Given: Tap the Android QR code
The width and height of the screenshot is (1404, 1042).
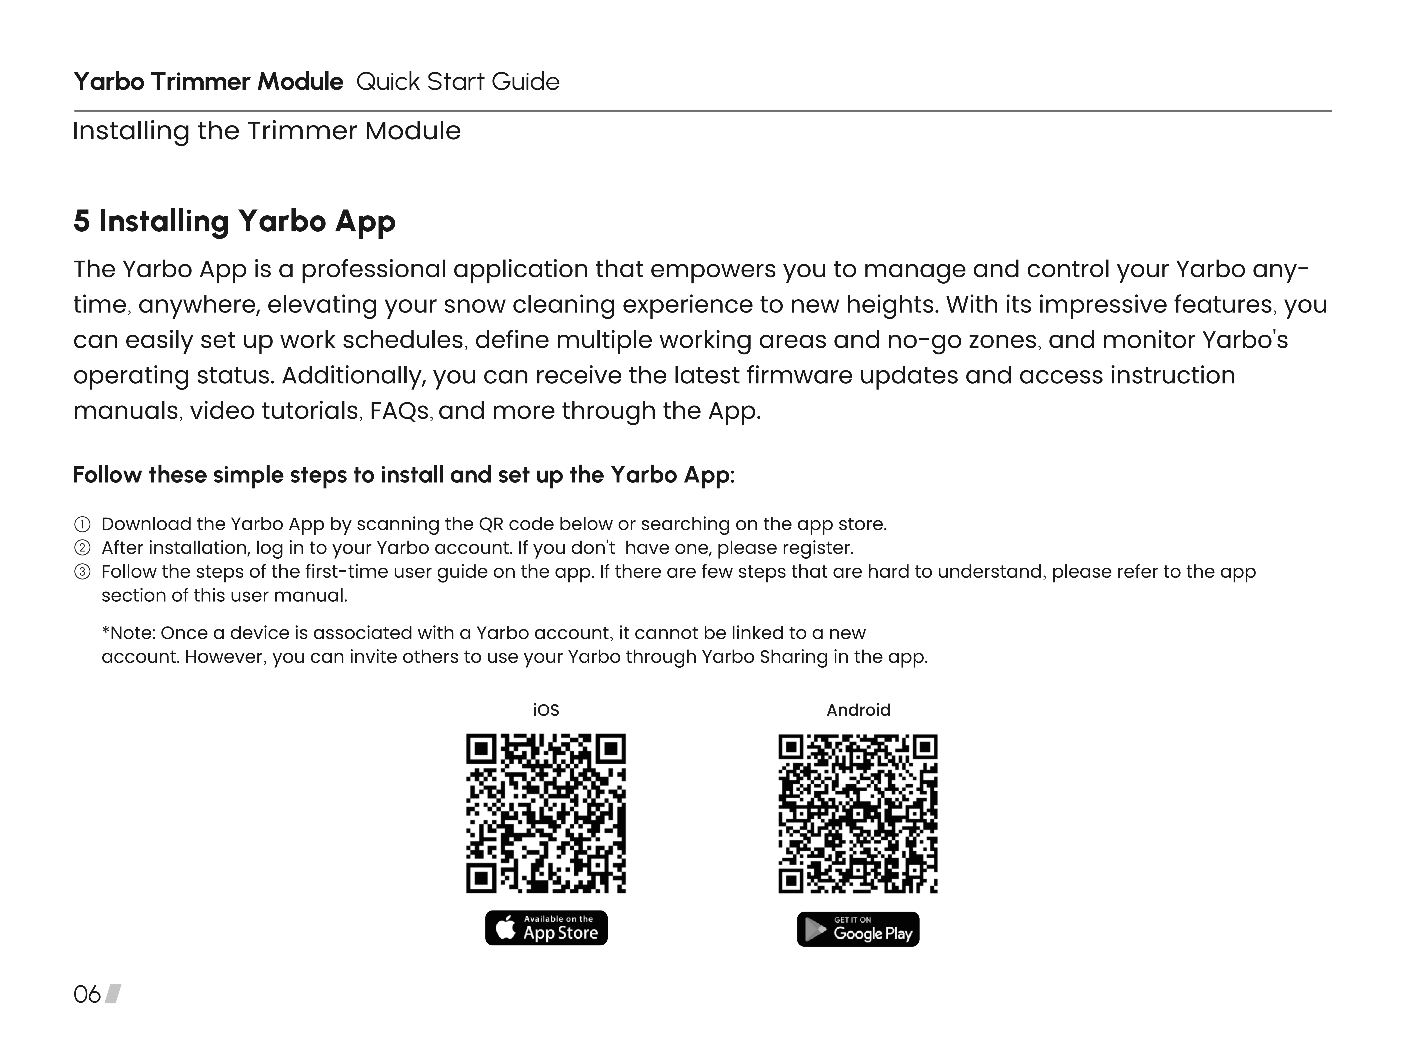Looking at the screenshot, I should [858, 813].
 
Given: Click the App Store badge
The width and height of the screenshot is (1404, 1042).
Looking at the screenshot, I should [546, 928].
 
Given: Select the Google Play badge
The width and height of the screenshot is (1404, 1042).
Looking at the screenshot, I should [858, 929].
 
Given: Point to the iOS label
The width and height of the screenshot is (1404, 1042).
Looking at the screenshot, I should [546, 710].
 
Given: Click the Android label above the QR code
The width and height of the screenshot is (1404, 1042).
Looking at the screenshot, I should [858, 710].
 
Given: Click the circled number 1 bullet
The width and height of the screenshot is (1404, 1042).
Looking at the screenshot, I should [82, 524].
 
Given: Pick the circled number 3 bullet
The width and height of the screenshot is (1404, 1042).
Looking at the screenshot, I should [82, 572].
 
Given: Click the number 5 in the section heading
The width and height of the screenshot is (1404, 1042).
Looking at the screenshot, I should [81, 221].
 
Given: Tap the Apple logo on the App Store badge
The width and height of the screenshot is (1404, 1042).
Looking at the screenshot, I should [506, 928].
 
